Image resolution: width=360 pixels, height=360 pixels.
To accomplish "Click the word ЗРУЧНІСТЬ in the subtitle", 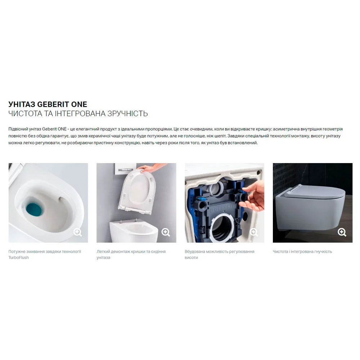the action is click(127, 114).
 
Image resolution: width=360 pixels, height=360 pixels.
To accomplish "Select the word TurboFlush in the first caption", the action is click(19, 258).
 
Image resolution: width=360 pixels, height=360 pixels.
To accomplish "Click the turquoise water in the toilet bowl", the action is click(33, 208).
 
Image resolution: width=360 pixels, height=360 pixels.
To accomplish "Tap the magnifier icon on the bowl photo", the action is click(78, 232).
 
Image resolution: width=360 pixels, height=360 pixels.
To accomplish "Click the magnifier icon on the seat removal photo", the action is click(166, 232).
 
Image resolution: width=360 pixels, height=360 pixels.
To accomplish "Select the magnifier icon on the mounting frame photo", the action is click(254, 232).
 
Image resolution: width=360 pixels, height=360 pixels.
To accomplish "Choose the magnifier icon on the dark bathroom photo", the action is click(342, 232).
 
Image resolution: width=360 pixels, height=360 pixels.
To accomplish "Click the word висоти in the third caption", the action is click(191, 258).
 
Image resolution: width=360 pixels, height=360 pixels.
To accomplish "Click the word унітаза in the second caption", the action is click(103, 258).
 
